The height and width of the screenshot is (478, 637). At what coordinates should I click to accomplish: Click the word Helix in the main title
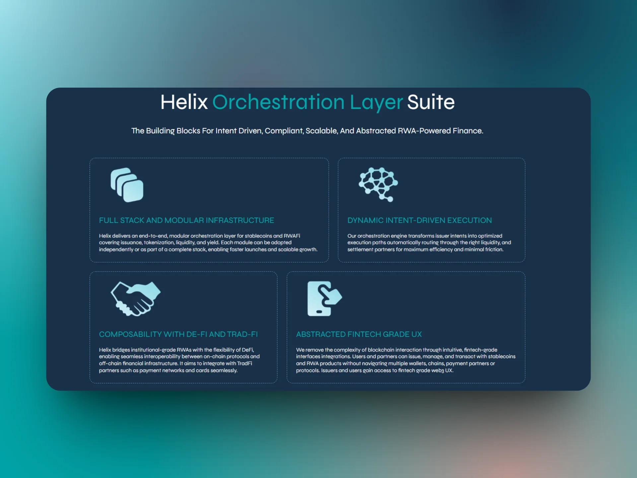coord(184,102)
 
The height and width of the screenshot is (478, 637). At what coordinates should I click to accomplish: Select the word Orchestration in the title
coord(278,102)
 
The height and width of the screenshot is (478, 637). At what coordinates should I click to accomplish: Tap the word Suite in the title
coord(431,102)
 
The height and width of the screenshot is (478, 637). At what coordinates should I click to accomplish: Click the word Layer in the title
coord(376,102)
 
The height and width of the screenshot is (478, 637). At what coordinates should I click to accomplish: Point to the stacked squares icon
coord(127,185)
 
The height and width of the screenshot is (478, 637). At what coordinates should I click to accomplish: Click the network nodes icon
coord(378,184)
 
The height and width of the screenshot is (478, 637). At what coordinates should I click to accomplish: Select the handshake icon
coord(135,298)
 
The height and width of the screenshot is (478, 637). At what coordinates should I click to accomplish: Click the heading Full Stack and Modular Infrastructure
coord(186,220)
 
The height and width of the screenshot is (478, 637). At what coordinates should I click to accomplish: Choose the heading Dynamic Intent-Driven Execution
coord(419,220)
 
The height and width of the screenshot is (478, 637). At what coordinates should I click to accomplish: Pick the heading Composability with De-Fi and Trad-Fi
coord(178,334)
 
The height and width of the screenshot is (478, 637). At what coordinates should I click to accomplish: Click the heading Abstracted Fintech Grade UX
coord(359,334)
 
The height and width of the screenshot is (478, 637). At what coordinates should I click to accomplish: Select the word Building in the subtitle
coord(160,131)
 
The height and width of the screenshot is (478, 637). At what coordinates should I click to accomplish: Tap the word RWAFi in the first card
coord(292,236)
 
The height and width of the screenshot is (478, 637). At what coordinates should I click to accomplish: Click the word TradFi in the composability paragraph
coord(245,363)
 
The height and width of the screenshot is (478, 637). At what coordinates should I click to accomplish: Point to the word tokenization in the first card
coord(159,243)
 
